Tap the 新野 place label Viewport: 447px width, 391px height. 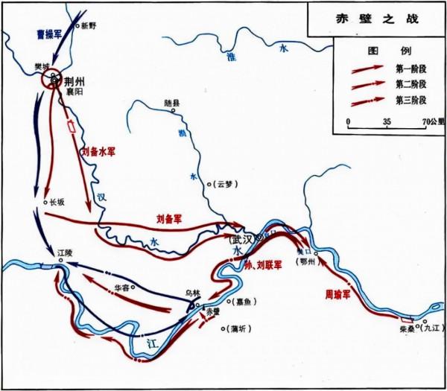(89, 25)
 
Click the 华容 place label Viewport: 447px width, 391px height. (124, 287)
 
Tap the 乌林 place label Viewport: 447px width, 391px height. (194, 294)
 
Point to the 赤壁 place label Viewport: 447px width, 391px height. (213, 311)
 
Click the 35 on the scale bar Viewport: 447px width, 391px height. (386, 119)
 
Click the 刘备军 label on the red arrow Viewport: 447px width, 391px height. (171, 218)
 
